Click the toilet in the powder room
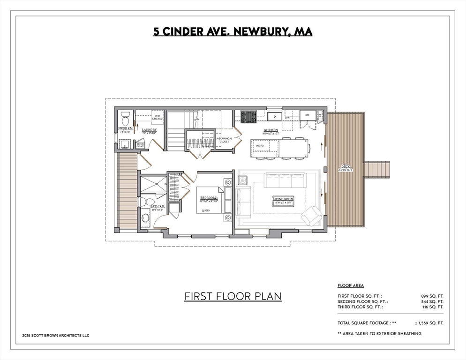click(x=125, y=116)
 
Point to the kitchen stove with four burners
click(x=248, y=116)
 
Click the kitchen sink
click(x=274, y=115)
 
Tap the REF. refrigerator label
click(x=308, y=115)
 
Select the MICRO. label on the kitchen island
click(x=260, y=146)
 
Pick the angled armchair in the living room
click(x=312, y=216)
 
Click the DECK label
click(x=346, y=166)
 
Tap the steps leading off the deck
click(x=377, y=169)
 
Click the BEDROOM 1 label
click(x=209, y=198)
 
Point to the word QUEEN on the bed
click(x=206, y=210)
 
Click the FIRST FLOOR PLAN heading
click(x=233, y=296)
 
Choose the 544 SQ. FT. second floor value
click(x=432, y=301)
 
